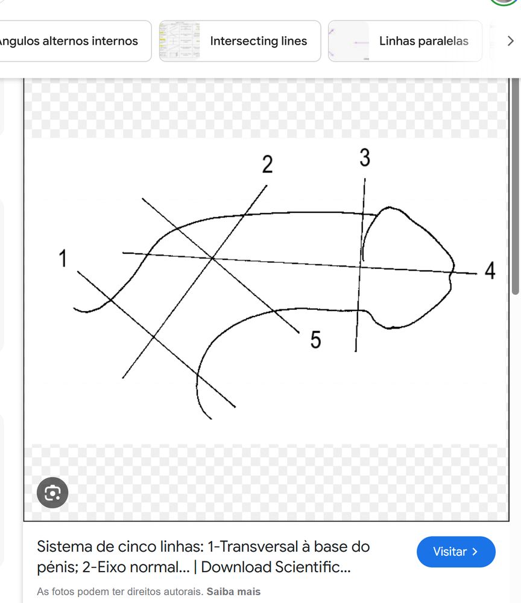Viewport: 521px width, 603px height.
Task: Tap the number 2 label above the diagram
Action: (268, 164)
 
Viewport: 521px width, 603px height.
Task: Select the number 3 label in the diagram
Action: (365, 157)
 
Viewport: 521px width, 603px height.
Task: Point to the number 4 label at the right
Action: (490, 270)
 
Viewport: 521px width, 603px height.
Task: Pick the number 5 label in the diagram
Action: (316, 339)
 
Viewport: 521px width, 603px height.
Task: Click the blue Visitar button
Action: (456, 552)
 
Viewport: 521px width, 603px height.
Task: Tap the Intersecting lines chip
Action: (240, 41)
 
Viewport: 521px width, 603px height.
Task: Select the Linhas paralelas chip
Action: (405, 41)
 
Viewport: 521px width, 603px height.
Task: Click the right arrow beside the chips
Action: (510, 41)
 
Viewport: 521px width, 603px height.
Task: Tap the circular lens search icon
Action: (52, 493)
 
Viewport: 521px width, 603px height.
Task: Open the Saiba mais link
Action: (233, 592)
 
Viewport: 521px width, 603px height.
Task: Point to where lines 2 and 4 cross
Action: (212, 257)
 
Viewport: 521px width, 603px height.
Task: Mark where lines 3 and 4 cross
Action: (360, 266)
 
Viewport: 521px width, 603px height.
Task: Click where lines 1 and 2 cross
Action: (154, 337)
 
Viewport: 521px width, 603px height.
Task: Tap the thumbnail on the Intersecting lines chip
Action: (180, 41)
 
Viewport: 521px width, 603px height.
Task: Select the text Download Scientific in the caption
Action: (276, 567)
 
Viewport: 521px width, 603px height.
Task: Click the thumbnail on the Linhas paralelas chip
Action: (349, 41)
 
